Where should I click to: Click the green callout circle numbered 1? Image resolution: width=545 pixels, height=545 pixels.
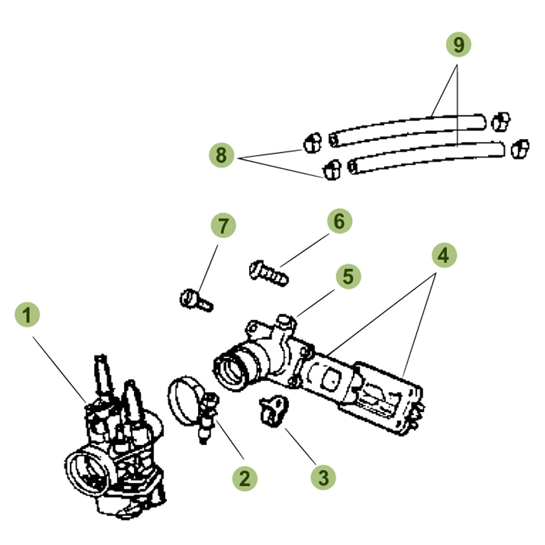pos(27,315)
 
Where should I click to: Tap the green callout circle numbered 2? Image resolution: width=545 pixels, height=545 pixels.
pos(245,478)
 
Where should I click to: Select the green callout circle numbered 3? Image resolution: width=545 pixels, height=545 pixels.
pos(324,476)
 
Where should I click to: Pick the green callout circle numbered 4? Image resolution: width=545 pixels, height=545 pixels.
pos(443,255)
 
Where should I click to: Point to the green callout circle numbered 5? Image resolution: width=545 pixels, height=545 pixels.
pos(348,276)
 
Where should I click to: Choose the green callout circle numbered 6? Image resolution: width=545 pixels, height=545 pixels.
pos(339,221)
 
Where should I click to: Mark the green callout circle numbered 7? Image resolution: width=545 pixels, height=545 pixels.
pos(223,226)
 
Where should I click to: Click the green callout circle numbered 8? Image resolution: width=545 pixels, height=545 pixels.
pos(221,155)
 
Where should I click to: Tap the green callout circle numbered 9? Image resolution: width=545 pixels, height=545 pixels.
pos(458,45)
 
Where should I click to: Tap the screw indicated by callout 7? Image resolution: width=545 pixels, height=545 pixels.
pos(196,300)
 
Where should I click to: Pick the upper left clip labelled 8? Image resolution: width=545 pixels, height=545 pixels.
pos(312,142)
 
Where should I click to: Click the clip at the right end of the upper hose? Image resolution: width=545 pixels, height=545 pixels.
pos(501,121)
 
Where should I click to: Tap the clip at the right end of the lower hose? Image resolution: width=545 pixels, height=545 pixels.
pos(519,148)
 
